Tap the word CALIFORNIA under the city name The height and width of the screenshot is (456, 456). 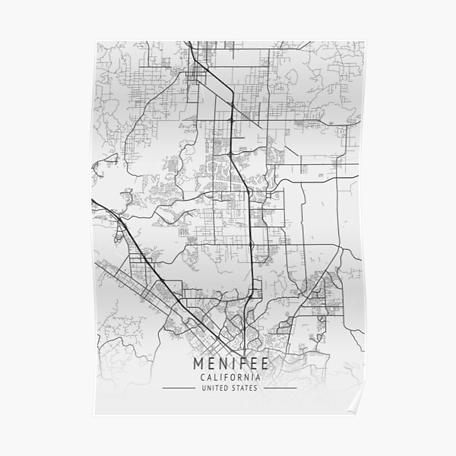coord(228,378)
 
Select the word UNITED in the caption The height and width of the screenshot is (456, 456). coord(216,388)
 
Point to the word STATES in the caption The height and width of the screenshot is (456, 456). coord(243,388)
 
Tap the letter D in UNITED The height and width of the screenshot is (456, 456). coord(227,388)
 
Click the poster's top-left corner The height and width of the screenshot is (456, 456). coord(90,40)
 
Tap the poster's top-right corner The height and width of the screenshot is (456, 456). coord(366,40)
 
